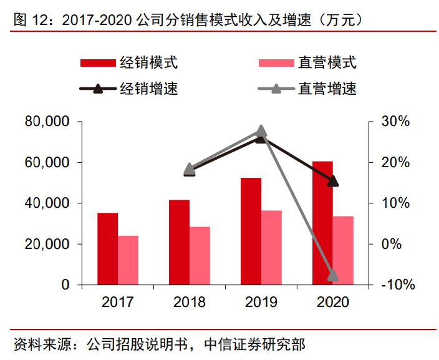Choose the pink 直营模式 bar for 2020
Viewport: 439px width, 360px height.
343,250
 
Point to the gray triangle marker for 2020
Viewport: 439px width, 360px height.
333,275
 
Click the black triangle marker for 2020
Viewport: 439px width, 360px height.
333,181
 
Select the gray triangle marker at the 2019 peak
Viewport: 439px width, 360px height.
261,130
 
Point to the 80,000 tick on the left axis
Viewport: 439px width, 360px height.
47,122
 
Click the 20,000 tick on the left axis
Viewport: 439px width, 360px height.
47,244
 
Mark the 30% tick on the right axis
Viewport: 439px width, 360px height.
395,122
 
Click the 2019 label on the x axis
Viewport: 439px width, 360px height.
261,302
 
